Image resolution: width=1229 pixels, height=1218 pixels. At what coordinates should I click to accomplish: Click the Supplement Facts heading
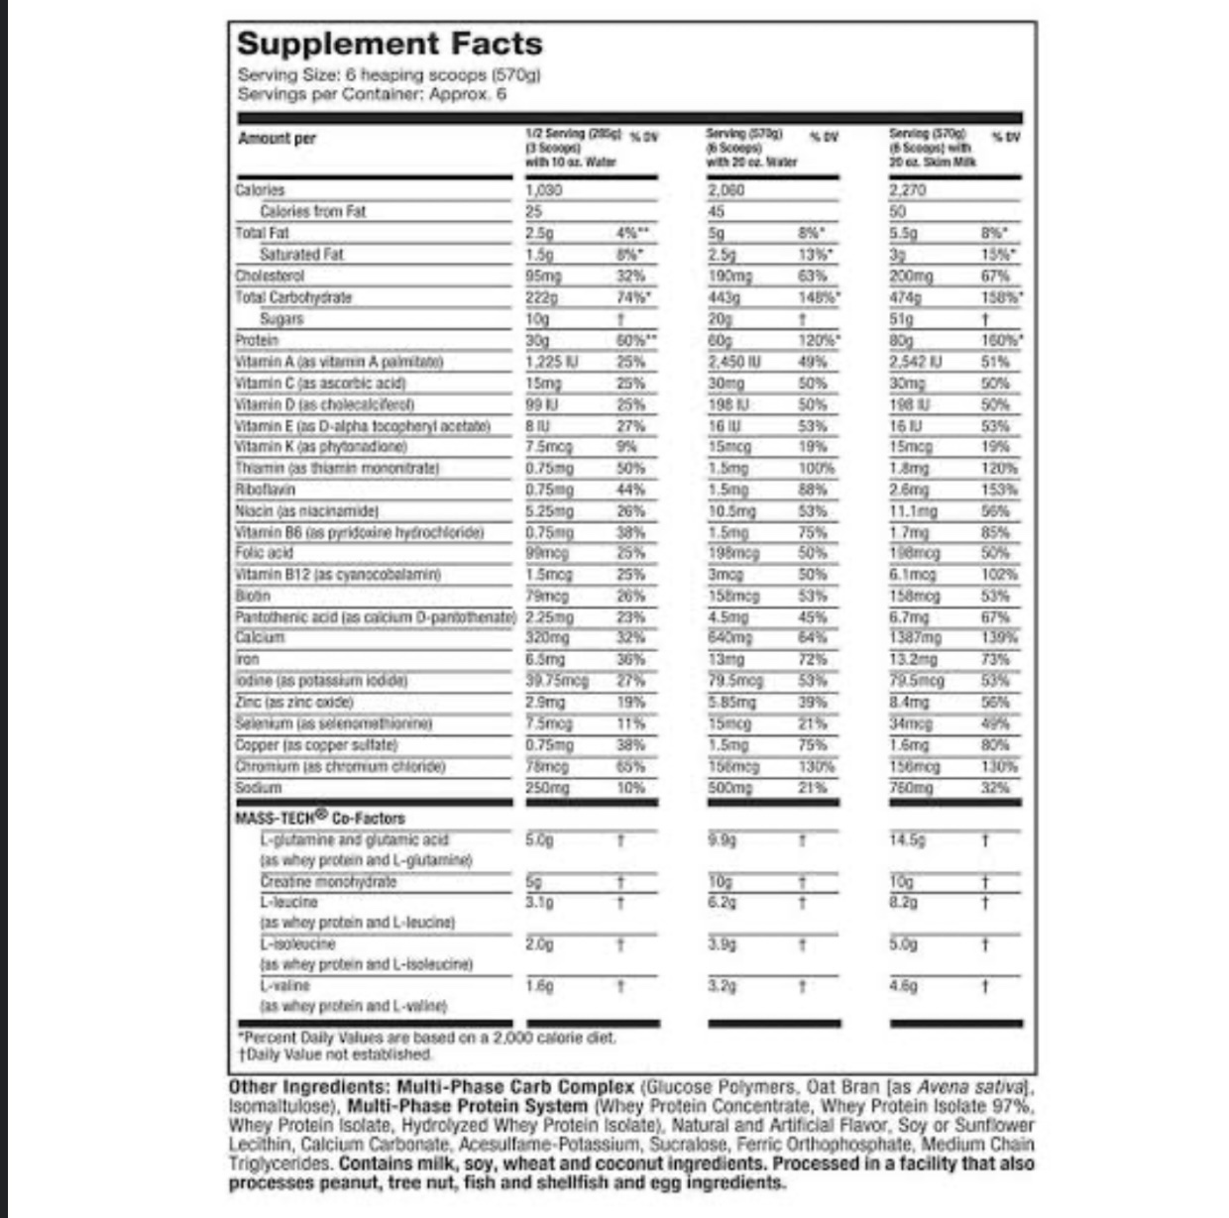[x=390, y=45]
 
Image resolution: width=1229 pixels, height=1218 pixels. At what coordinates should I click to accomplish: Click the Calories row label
[x=260, y=189]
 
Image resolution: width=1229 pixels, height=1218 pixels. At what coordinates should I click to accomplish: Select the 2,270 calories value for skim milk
[x=908, y=189]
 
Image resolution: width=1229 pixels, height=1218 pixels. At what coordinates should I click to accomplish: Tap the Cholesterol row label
[x=270, y=276]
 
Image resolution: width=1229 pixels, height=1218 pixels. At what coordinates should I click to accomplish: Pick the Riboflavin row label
[x=265, y=490]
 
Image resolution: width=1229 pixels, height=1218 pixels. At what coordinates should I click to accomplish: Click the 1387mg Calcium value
[x=915, y=638]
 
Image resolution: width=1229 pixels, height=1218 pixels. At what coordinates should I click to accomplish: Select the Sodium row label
[x=259, y=788]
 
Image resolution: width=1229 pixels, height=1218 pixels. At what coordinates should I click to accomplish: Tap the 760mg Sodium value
[x=911, y=788]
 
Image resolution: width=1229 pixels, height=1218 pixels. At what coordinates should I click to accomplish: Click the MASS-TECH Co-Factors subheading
[x=319, y=818]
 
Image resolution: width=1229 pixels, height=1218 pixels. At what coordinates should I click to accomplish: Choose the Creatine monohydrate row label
[x=328, y=881]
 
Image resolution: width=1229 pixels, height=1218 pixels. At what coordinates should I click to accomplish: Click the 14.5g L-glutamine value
[x=907, y=839]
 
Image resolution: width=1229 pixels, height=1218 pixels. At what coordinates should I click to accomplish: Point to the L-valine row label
[x=284, y=986]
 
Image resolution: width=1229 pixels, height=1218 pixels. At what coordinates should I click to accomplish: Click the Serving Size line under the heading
[x=389, y=75]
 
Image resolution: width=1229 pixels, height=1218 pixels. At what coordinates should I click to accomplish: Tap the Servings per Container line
[x=372, y=94]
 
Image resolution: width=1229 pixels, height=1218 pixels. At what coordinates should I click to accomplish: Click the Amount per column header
[x=277, y=139]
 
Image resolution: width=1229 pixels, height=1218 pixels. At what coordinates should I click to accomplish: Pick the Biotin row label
[x=253, y=596]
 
